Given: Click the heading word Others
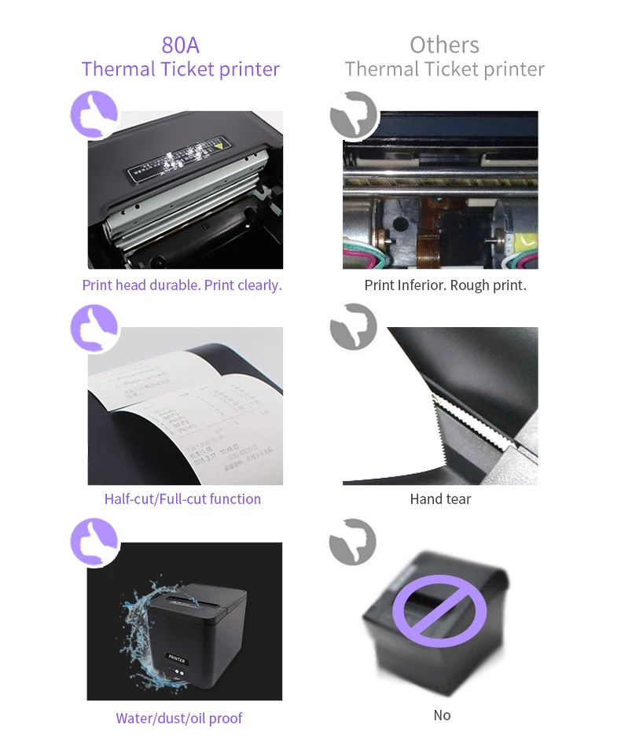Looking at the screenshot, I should point(444,44).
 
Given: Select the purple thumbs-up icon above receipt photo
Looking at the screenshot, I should point(94,328).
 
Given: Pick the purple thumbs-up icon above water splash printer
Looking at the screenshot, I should point(94,542).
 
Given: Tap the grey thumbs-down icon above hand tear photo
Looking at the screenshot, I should point(353,328).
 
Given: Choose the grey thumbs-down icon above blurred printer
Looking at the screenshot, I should point(353,542).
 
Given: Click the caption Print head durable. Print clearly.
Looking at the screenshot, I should point(182,285).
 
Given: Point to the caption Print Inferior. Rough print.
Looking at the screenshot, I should point(445,285).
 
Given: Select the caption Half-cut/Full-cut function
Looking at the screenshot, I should point(182,498).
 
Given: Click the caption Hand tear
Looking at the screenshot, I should point(440,498).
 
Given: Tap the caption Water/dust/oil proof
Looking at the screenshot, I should point(179,718).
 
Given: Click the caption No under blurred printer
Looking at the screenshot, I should point(442,715).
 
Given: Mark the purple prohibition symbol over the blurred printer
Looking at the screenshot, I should point(440,609).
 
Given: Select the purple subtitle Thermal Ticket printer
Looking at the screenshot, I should point(180,69).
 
